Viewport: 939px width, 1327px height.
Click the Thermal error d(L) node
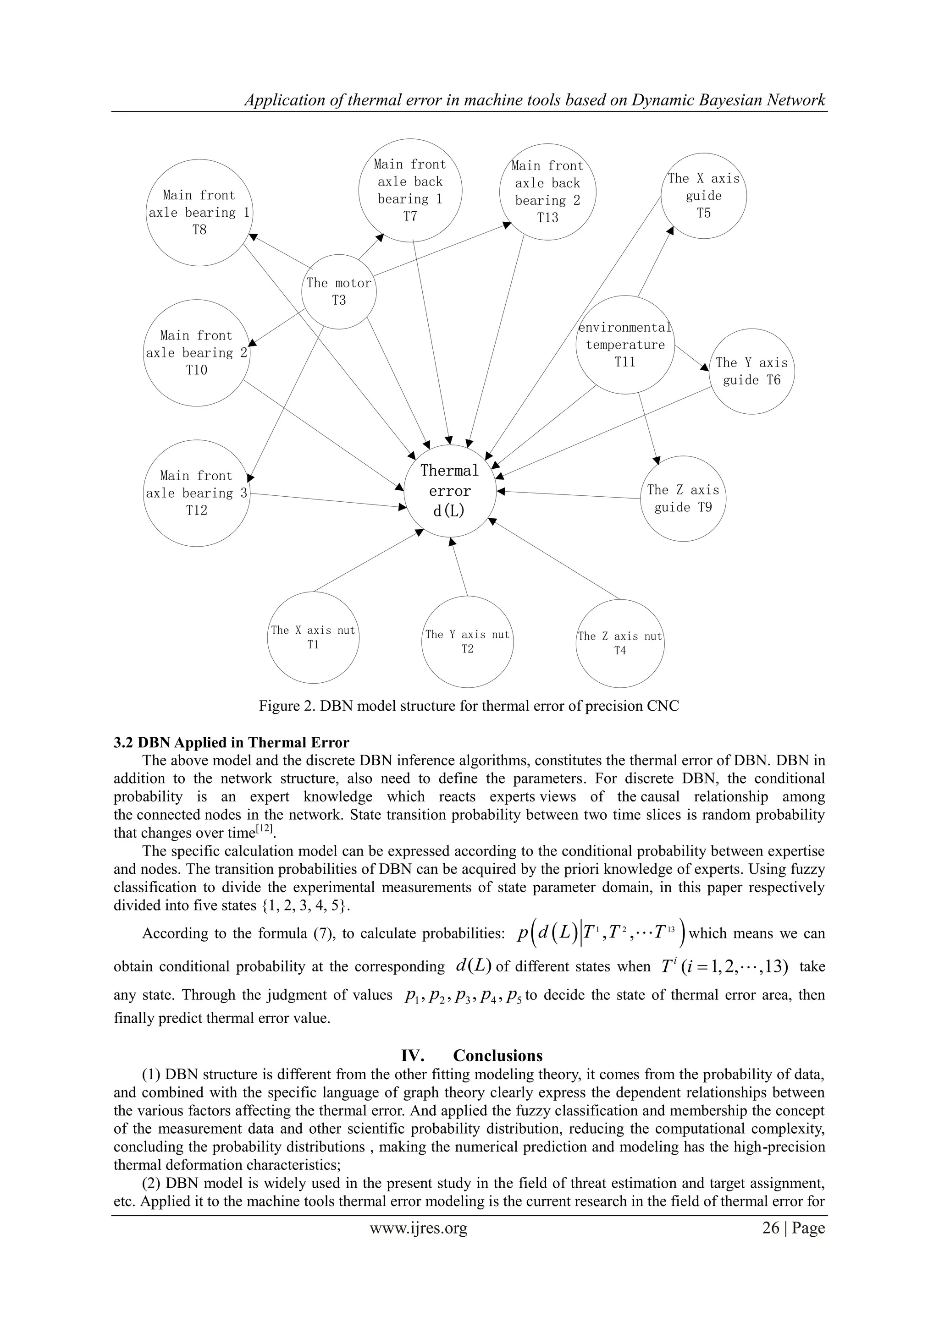(450, 491)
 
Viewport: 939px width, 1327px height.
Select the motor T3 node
(339, 292)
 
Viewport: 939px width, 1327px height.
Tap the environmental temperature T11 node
(625, 345)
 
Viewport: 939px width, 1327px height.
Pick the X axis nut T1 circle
(313, 637)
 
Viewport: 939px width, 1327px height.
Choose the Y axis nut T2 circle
(467, 642)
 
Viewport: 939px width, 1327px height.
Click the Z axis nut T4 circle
(620, 643)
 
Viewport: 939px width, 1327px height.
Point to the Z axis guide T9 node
(683, 498)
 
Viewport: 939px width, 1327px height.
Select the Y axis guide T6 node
(751, 371)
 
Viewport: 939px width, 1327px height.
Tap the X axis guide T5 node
(704, 196)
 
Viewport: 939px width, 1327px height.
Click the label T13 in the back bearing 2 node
(547, 218)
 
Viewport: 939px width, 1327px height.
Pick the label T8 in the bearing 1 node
(199, 230)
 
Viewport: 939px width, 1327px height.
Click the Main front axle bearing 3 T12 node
(197, 493)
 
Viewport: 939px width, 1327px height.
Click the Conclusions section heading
(471, 1056)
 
